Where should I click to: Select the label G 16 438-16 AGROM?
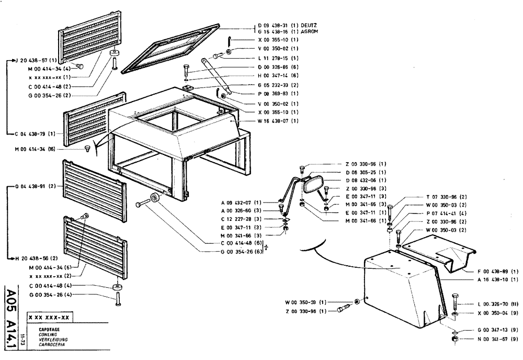(288, 31)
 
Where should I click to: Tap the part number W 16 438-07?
(278, 121)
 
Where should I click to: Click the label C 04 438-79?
(38, 134)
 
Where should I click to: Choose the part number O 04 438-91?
(38, 186)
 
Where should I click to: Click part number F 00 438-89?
(497, 271)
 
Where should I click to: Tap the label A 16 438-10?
(497, 279)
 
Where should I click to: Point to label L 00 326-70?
(497, 304)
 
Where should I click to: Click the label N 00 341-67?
(497, 339)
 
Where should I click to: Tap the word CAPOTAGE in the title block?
(49, 329)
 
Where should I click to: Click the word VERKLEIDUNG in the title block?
(53, 339)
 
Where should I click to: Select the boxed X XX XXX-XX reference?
(52, 318)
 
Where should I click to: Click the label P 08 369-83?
(278, 94)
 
